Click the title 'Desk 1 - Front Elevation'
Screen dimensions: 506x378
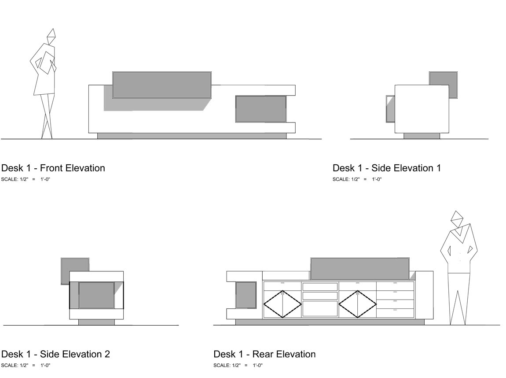(x=53, y=168)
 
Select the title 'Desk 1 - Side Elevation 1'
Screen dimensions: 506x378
(x=387, y=168)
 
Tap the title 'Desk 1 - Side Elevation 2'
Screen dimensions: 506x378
(x=56, y=354)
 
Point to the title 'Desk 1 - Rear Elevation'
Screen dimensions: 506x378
(x=264, y=354)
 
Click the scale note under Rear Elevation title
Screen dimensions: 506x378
(x=238, y=365)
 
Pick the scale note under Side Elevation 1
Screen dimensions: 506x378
(x=357, y=179)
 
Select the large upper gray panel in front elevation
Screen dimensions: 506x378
(x=161, y=84)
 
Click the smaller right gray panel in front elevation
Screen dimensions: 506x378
(x=261, y=109)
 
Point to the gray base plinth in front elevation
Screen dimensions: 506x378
(x=191, y=136)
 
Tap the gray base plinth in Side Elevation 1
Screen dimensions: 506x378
(x=422, y=136)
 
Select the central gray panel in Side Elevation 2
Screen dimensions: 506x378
(x=96, y=295)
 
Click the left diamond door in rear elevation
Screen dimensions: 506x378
(x=282, y=304)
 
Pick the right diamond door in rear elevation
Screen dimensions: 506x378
(x=358, y=304)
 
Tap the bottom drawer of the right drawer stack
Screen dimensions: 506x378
(x=395, y=313)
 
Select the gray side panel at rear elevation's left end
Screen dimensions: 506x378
(x=246, y=295)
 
